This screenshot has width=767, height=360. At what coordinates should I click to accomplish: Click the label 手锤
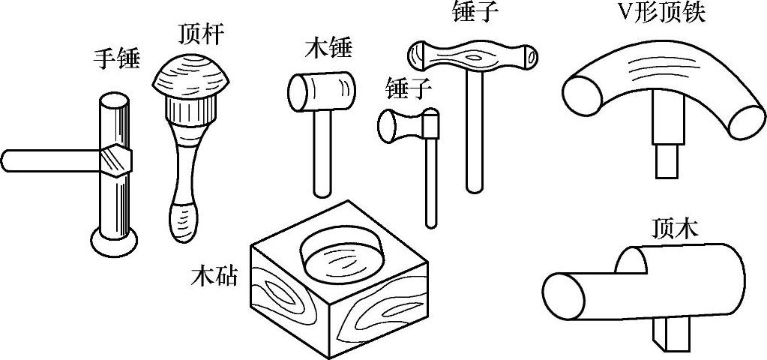pos(116,58)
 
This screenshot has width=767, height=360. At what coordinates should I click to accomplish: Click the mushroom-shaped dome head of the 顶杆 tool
pos(192,75)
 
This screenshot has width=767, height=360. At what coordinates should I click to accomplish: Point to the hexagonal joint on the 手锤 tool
pos(114,158)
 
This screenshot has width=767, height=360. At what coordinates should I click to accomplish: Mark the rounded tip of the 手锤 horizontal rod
pos(7,160)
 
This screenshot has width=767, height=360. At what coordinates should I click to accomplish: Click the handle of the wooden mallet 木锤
pos(321,154)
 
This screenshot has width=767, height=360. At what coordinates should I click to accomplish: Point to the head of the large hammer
pos(472,55)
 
